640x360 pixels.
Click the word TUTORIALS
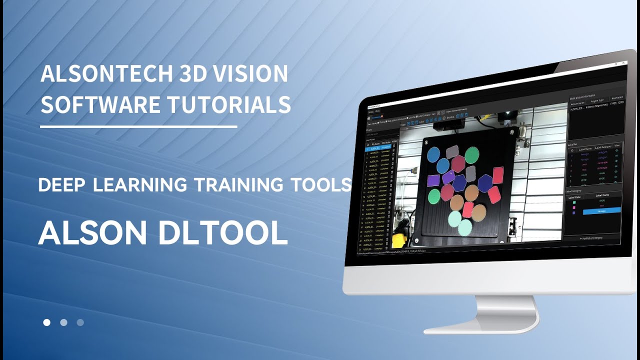point(229,104)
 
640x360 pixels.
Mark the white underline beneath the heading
point(138,127)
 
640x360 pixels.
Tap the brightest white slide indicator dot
point(47,322)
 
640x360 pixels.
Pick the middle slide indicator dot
point(63,322)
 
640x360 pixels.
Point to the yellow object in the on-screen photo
point(398,240)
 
